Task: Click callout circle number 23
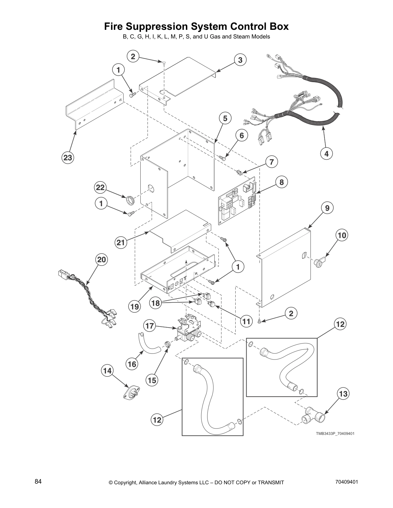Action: click(68, 157)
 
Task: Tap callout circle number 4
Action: click(326, 154)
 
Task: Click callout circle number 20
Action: click(101, 259)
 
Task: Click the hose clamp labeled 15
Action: click(167, 344)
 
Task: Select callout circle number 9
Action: click(327, 208)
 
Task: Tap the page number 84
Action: click(38, 481)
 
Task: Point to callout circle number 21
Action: click(120, 243)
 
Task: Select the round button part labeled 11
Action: click(212, 305)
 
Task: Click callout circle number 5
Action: click(225, 118)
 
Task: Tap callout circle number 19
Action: click(135, 307)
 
